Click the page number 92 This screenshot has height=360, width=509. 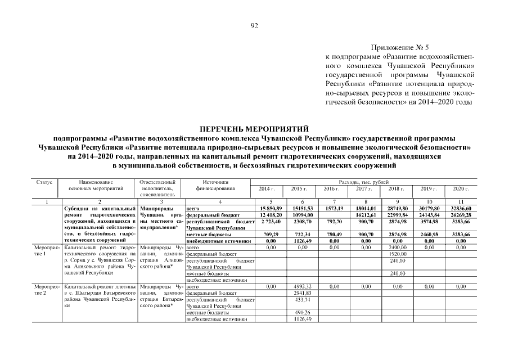coord(254,25)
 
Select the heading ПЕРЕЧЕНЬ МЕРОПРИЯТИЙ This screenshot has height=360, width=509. coord(254,129)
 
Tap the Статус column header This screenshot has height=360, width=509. coord(45,182)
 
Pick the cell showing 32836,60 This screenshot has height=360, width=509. coord(461,208)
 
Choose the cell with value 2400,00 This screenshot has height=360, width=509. coord(397,247)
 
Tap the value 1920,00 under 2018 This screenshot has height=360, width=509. coord(397,254)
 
